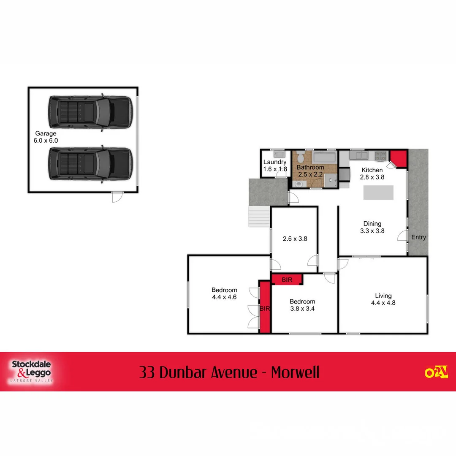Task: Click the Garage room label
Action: click(x=46, y=134)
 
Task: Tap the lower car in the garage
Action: click(x=90, y=164)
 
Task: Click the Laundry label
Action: click(x=275, y=162)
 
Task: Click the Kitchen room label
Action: click(x=372, y=170)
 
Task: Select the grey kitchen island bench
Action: click(x=379, y=193)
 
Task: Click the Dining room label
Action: click(x=372, y=224)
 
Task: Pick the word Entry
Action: click(x=418, y=237)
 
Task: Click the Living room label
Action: click(x=383, y=296)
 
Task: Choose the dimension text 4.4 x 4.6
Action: click(x=224, y=297)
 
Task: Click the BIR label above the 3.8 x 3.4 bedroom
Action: click(x=287, y=280)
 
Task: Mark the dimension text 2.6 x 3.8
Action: click(x=295, y=239)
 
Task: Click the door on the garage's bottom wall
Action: click(x=117, y=196)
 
